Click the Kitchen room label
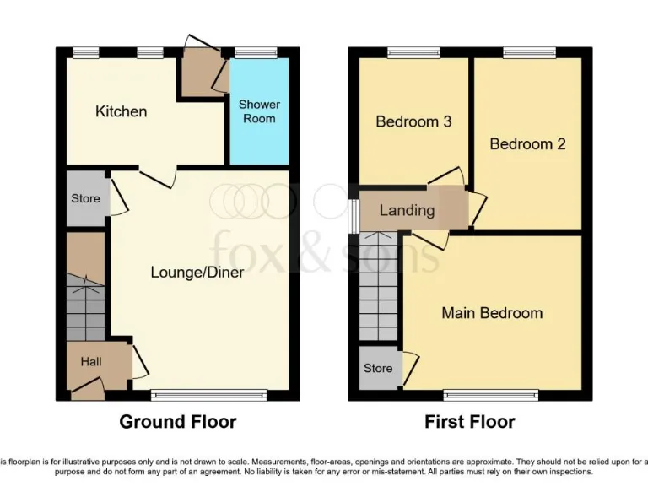[x=121, y=111]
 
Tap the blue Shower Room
[x=259, y=111]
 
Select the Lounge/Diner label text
[x=197, y=272]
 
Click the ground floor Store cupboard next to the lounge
[x=86, y=199]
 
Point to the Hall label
[x=91, y=361]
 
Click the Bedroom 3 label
[x=413, y=121]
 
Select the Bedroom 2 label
[x=527, y=143]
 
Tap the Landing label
[x=407, y=210]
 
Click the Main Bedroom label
[x=492, y=313]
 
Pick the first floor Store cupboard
[x=378, y=369]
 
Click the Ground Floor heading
[x=177, y=421]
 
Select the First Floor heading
[x=471, y=421]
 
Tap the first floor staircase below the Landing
[x=379, y=287]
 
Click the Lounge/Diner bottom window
[x=208, y=393]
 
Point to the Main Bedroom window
[x=490, y=393]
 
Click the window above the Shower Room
[x=256, y=52]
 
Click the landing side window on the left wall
[x=354, y=214]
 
